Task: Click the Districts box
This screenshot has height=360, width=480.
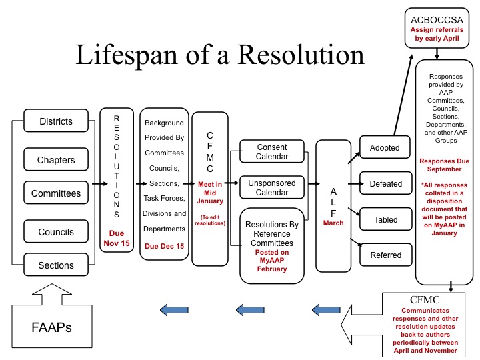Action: pos(56,122)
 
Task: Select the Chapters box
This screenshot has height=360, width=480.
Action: pos(56,160)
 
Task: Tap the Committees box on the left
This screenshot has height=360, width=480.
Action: pos(56,194)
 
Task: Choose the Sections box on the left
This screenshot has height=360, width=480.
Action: pos(56,265)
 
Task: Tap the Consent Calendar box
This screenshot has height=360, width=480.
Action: pos(271,151)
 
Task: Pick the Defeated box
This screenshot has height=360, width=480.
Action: pos(385,183)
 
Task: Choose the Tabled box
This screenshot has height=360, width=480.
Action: pos(385,219)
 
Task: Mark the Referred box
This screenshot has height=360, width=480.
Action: pos(385,255)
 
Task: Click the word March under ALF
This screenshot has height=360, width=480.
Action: pos(333,223)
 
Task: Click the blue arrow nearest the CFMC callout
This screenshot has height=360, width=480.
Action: pos(327,309)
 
